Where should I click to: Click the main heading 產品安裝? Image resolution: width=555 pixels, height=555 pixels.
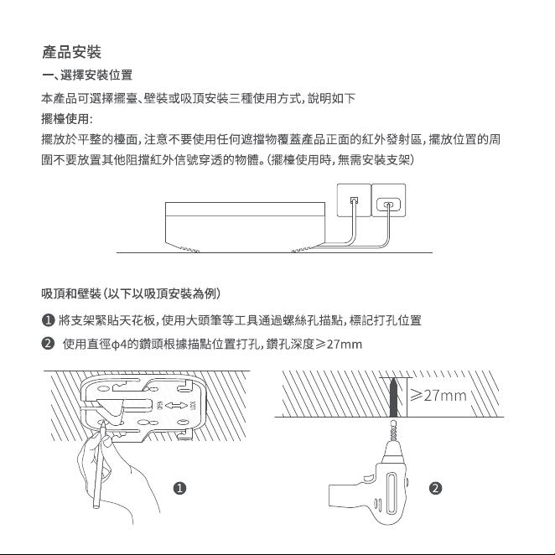71,52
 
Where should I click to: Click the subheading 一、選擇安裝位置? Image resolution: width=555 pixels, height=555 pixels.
87,75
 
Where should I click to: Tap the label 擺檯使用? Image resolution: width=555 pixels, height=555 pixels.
67,119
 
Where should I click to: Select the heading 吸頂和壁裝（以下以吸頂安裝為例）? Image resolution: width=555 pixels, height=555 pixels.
131,293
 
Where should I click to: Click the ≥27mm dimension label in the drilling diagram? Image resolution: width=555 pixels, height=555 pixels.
438,396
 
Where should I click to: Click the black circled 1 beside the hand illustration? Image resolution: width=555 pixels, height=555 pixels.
179,489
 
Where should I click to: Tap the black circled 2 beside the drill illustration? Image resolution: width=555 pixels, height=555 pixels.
435,489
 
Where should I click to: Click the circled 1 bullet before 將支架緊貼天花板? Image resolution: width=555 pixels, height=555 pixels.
48,320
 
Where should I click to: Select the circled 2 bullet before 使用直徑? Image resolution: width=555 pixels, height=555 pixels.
48,344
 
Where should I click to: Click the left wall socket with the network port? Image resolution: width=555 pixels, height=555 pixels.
354,200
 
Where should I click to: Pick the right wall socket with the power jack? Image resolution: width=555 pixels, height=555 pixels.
388,200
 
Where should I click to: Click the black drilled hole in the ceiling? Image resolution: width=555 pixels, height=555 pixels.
393,397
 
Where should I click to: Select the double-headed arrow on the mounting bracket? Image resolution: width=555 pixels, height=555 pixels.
176,406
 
